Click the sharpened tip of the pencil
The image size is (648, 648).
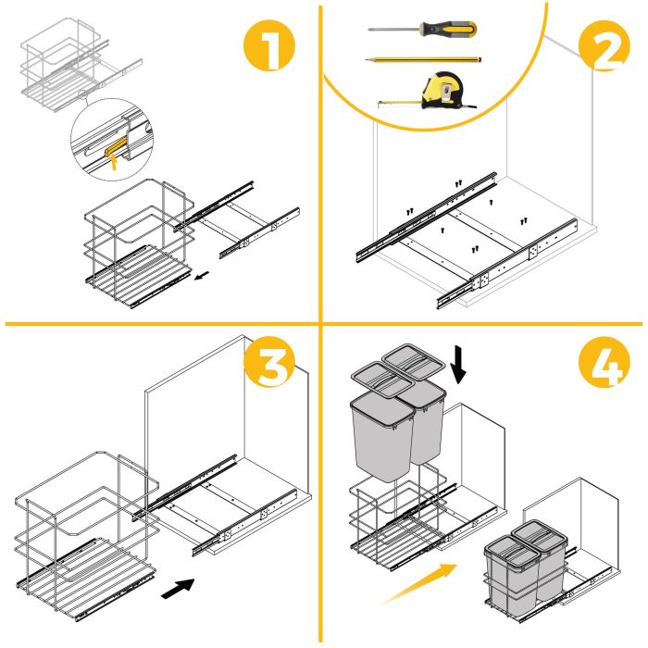[x=368, y=59]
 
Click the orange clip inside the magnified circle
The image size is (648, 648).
[x=116, y=151]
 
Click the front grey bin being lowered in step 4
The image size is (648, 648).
[x=380, y=435]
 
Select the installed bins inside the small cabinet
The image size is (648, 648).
[x=523, y=569]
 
